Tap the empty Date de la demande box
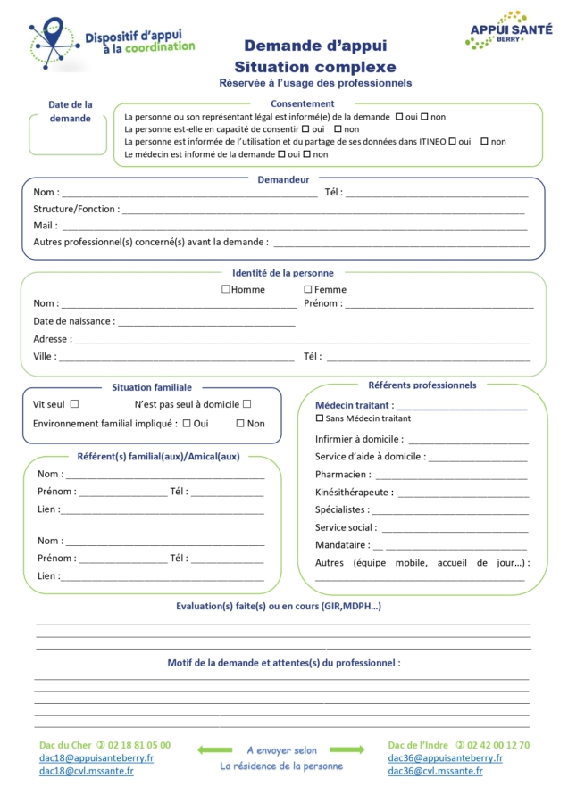click(68, 140)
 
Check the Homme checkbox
click(226, 289)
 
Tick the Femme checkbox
click(308, 289)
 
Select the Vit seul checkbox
click(74, 404)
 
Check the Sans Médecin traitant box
click(320, 418)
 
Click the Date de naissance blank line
click(205, 322)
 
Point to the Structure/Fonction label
click(75, 209)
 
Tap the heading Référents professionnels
click(422, 385)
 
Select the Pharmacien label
click(342, 475)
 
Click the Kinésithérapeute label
click(353, 493)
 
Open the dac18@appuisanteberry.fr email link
click(96, 758)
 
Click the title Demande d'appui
click(315, 46)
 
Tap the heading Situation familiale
click(152, 387)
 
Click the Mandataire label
click(342, 545)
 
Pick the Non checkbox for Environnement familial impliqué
click(240, 424)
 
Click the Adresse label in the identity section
click(52, 339)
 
